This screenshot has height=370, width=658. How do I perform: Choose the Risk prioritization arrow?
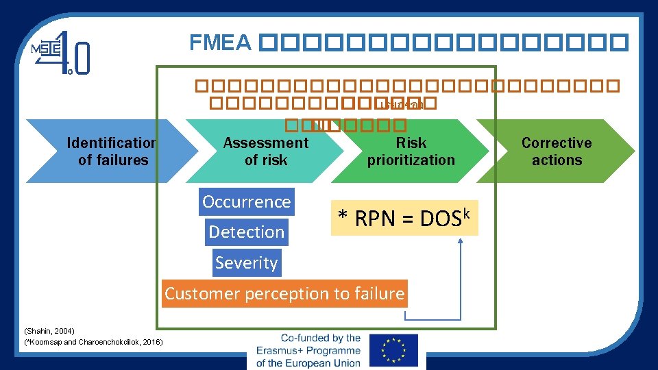coord(411,151)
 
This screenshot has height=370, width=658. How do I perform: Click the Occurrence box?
coord(247,202)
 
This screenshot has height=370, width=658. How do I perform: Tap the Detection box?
coord(246,232)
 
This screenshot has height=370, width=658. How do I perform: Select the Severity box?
coord(246,263)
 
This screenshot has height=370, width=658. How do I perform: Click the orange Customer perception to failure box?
coord(284,294)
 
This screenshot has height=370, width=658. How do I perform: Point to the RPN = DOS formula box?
coord(404,218)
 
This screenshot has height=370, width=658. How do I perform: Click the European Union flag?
coord(393,350)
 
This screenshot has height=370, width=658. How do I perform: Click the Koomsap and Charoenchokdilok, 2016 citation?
coord(93,341)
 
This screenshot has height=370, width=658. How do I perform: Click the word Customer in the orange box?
coord(195,294)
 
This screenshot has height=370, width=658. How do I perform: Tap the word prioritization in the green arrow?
coord(411,160)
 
